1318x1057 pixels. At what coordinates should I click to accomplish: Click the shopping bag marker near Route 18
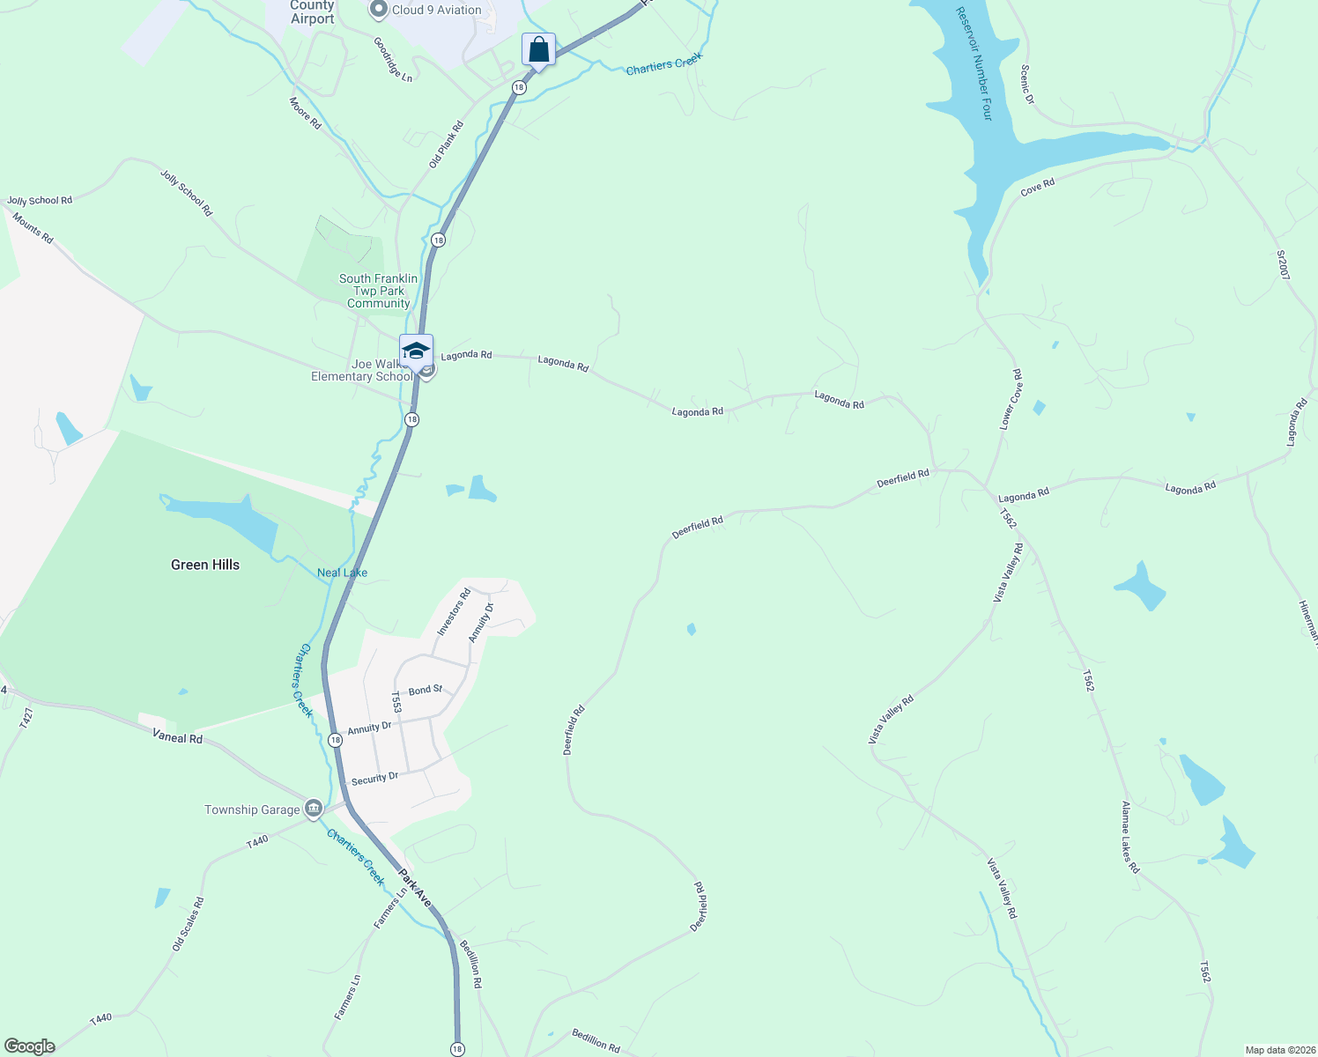[538, 49]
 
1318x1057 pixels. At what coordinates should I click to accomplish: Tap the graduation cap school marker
[416, 351]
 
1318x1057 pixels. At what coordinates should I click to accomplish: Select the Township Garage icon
[313, 809]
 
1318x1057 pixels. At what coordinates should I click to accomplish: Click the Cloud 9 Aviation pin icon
[379, 10]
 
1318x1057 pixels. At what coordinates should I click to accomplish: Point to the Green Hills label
[205, 565]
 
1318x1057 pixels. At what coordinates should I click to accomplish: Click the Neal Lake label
[342, 573]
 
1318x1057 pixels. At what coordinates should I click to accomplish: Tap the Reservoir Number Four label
[974, 63]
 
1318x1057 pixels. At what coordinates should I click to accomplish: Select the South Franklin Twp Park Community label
[379, 291]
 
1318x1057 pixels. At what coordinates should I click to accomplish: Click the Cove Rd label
[1037, 188]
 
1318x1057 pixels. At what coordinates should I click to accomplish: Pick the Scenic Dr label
[1026, 85]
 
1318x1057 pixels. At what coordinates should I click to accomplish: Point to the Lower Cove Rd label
[1011, 399]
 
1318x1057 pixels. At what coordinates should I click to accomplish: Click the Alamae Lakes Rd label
[1130, 837]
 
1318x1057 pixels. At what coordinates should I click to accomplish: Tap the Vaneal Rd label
[177, 736]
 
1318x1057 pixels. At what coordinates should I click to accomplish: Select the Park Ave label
[414, 888]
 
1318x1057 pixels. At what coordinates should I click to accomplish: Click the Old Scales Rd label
[188, 924]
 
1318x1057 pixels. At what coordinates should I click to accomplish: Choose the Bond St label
[425, 690]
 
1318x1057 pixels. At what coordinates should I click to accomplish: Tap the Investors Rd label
[454, 612]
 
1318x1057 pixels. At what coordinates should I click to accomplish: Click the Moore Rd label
[305, 114]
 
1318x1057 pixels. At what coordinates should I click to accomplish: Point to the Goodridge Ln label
[392, 59]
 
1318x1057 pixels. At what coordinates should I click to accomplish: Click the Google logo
[30, 1046]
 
